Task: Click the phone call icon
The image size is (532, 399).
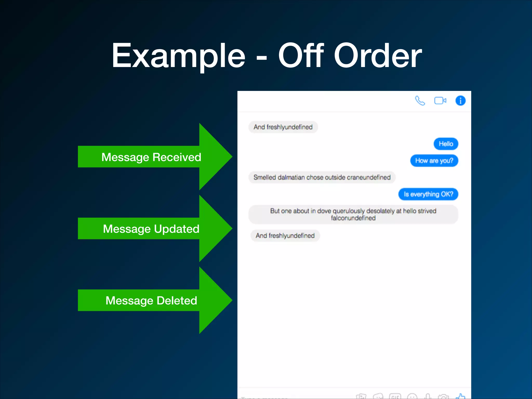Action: [x=420, y=101]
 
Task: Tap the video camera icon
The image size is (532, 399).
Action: [x=440, y=101]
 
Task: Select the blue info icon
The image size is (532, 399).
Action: [x=460, y=101]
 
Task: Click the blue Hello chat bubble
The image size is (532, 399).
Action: [x=446, y=144]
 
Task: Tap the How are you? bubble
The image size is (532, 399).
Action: [x=434, y=161]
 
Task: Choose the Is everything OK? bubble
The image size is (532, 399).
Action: [x=428, y=194]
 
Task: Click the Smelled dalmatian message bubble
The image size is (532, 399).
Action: [x=322, y=177]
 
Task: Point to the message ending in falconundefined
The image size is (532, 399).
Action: [x=353, y=215]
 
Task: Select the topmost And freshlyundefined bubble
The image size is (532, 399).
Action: [x=283, y=127]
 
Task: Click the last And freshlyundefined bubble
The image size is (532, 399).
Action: [x=285, y=236]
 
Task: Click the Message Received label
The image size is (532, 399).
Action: [x=151, y=157]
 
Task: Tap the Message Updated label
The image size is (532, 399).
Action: [x=151, y=229]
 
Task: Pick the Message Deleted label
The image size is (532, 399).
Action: [x=151, y=301]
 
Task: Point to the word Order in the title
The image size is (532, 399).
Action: [x=378, y=56]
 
